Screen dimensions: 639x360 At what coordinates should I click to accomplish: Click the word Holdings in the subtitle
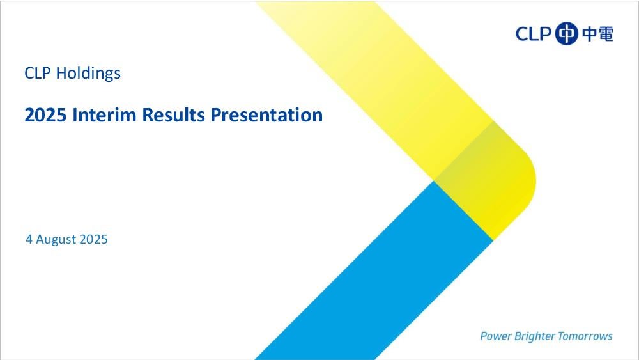point(88,74)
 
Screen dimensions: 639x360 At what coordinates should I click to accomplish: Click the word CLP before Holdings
point(38,73)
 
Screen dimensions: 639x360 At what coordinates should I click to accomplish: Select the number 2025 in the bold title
point(45,115)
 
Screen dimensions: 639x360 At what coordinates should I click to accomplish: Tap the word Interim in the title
point(104,115)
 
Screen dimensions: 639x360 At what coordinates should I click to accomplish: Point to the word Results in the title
point(173,115)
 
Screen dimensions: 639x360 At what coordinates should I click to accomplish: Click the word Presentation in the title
point(266,115)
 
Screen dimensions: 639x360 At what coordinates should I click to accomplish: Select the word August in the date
point(56,240)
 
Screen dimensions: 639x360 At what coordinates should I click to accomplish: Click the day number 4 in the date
point(29,239)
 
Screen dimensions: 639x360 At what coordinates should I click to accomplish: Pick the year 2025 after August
point(93,239)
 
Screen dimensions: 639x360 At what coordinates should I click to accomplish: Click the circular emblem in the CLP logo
point(566,33)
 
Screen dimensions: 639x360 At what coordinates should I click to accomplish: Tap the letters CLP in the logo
point(534,34)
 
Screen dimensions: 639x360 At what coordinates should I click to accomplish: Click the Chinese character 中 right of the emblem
point(589,33)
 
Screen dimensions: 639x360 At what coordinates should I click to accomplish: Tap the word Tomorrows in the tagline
point(585,336)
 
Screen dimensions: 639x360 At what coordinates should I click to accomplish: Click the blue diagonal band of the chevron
point(374,270)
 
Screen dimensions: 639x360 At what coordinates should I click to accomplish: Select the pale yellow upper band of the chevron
point(375,82)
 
